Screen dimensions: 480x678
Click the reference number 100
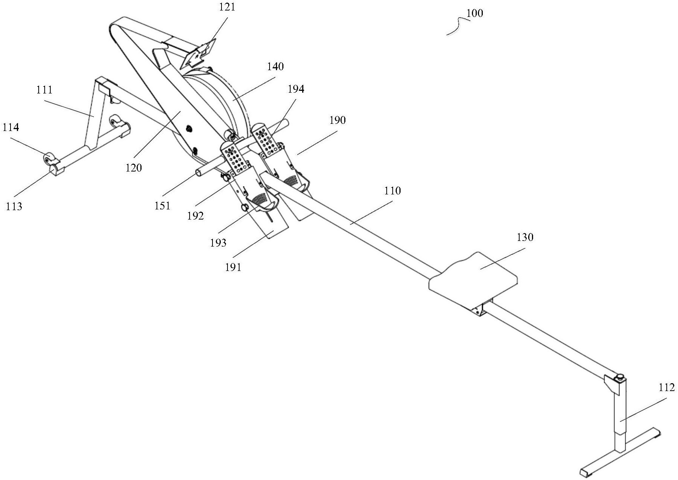tap(475, 14)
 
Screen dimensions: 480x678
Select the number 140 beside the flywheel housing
tap(276, 67)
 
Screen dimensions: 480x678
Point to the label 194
tap(296, 89)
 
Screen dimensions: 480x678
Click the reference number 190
tap(337, 120)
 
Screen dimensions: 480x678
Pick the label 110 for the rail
tap(392, 191)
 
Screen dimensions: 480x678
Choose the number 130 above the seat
tap(525, 237)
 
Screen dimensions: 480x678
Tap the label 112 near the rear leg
tap(666, 387)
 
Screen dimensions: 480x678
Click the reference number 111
tap(45, 90)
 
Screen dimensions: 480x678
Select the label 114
tap(11, 128)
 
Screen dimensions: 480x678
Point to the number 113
tap(14, 206)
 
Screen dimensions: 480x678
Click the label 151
tap(163, 206)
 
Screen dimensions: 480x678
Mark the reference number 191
tap(233, 267)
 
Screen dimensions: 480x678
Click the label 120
tap(134, 167)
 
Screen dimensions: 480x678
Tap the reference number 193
tap(218, 243)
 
